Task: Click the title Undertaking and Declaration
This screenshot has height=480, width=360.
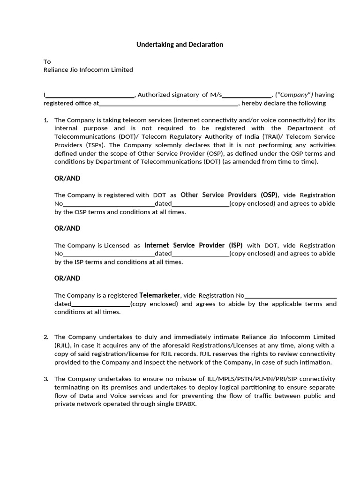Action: click(x=180, y=45)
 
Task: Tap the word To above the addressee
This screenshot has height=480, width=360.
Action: click(x=47, y=61)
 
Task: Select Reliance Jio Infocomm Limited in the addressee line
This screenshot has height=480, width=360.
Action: click(x=88, y=69)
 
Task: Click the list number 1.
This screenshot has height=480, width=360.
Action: click(x=46, y=120)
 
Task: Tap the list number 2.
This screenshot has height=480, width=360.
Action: click(x=46, y=337)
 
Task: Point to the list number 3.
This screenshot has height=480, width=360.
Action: click(x=46, y=379)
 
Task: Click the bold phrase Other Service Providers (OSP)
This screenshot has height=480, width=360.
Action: click(x=229, y=195)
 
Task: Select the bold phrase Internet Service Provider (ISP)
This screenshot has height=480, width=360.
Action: click(x=193, y=245)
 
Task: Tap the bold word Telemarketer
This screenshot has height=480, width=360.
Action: click(x=160, y=295)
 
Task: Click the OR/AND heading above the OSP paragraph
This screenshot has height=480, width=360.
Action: click(x=67, y=178)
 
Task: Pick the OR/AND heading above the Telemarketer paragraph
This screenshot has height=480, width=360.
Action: click(x=67, y=278)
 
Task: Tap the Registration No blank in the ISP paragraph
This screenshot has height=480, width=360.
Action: click(x=109, y=254)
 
